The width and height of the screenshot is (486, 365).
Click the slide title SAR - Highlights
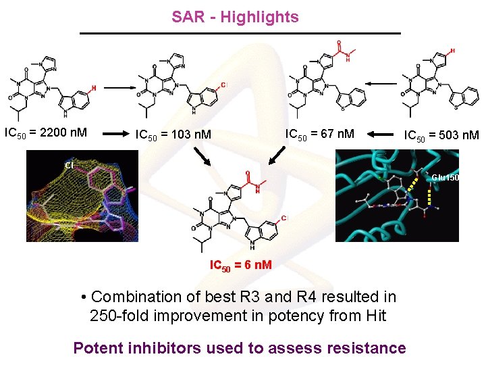(235, 17)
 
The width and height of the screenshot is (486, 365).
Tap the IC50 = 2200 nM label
(45, 132)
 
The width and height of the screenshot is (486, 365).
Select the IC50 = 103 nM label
(173, 135)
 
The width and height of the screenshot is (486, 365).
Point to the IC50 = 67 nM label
(319, 132)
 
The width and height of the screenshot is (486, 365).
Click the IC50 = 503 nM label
(441, 135)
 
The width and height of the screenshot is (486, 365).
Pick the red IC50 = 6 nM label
(241, 264)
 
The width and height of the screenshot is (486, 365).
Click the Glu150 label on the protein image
(445, 178)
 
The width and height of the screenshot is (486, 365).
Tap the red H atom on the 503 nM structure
(452, 51)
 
